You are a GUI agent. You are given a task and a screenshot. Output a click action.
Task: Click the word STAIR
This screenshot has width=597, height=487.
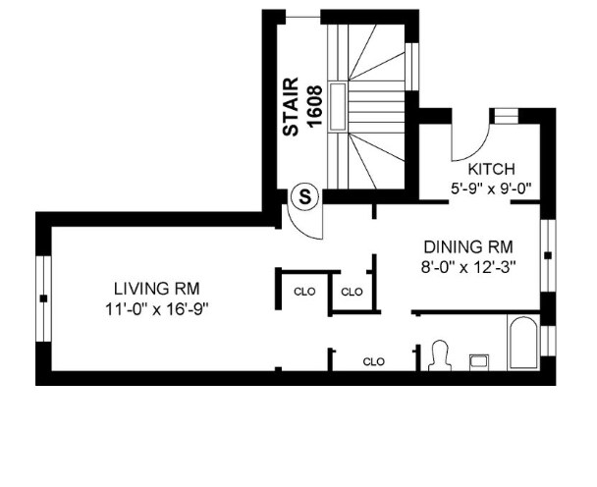pyautogui.click(x=290, y=108)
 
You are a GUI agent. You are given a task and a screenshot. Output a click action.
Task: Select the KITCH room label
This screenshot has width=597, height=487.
pyautogui.click(x=491, y=168)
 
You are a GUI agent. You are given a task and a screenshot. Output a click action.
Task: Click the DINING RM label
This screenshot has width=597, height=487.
pyautogui.click(x=468, y=246)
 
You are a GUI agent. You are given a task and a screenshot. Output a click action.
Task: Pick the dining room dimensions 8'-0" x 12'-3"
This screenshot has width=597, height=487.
pyautogui.click(x=468, y=264)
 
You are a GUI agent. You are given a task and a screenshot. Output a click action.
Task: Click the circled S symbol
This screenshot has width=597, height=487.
pyautogui.click(x=306, y=196)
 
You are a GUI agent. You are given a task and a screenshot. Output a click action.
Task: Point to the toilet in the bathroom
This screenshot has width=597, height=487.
pyautogui.click(x=439, y=354)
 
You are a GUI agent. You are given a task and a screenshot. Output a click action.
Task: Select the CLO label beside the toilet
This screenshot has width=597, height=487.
pyautogui.click(x=373, y=361)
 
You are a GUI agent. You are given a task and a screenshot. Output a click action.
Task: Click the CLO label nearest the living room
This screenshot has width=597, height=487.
pyautogui.click(x=303, y=291)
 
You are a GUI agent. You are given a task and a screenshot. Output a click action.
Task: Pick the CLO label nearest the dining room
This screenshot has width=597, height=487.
pyautogui.click(x=352, y=291)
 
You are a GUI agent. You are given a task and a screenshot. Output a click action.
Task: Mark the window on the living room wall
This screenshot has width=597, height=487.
pyautogui.click(x=42, y=297)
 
